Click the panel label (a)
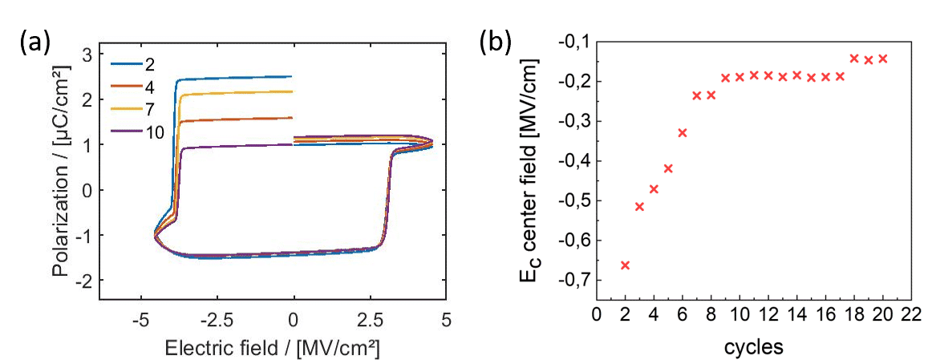click(33, 42)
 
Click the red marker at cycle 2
click(625, 265)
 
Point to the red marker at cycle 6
click(683, 132)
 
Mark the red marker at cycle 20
click(883, 59)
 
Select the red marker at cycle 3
click(639, 207)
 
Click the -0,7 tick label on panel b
click(570, 280)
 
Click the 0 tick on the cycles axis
click(596, 314)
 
